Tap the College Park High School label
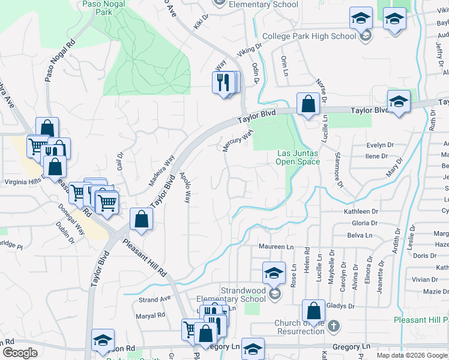[309, 37]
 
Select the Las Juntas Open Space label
[298, 157]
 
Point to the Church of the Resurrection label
[300, 327]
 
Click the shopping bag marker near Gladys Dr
[313, 311]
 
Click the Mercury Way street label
[239, 142]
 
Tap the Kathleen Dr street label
[361, 212]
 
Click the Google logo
[20, 353]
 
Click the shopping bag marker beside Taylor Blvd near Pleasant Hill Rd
[141, 219]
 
